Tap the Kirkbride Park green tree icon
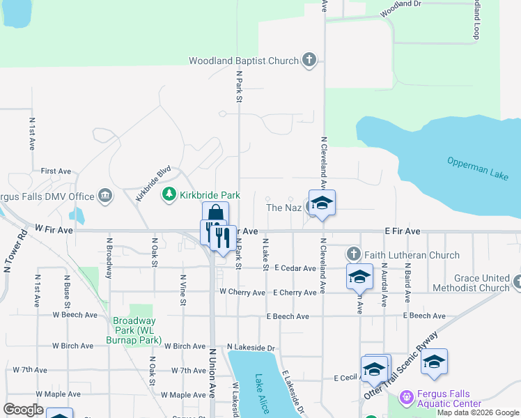click(169, 194)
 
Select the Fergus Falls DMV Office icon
click(105, 196)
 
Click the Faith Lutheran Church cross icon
click(354, 255)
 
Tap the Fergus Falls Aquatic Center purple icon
click(407, 398)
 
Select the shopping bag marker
click(215, 213)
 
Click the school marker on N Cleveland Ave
click(322, 203)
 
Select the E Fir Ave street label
click(403, 231)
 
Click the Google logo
click(24, 409)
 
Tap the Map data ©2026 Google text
click(479, 412)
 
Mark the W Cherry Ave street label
click(242, 293)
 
